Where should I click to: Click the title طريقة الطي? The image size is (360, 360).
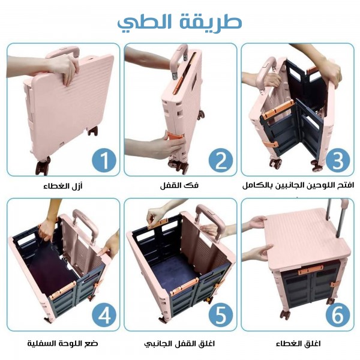(x=180, y=21)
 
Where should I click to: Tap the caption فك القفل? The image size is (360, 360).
(x=181, y=186)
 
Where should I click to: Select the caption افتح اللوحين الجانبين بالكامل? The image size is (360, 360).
(x=298, y=185)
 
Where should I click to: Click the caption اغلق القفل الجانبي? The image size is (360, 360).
(x=180, y=344)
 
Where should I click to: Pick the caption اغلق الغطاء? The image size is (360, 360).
(x=298, y=344)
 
